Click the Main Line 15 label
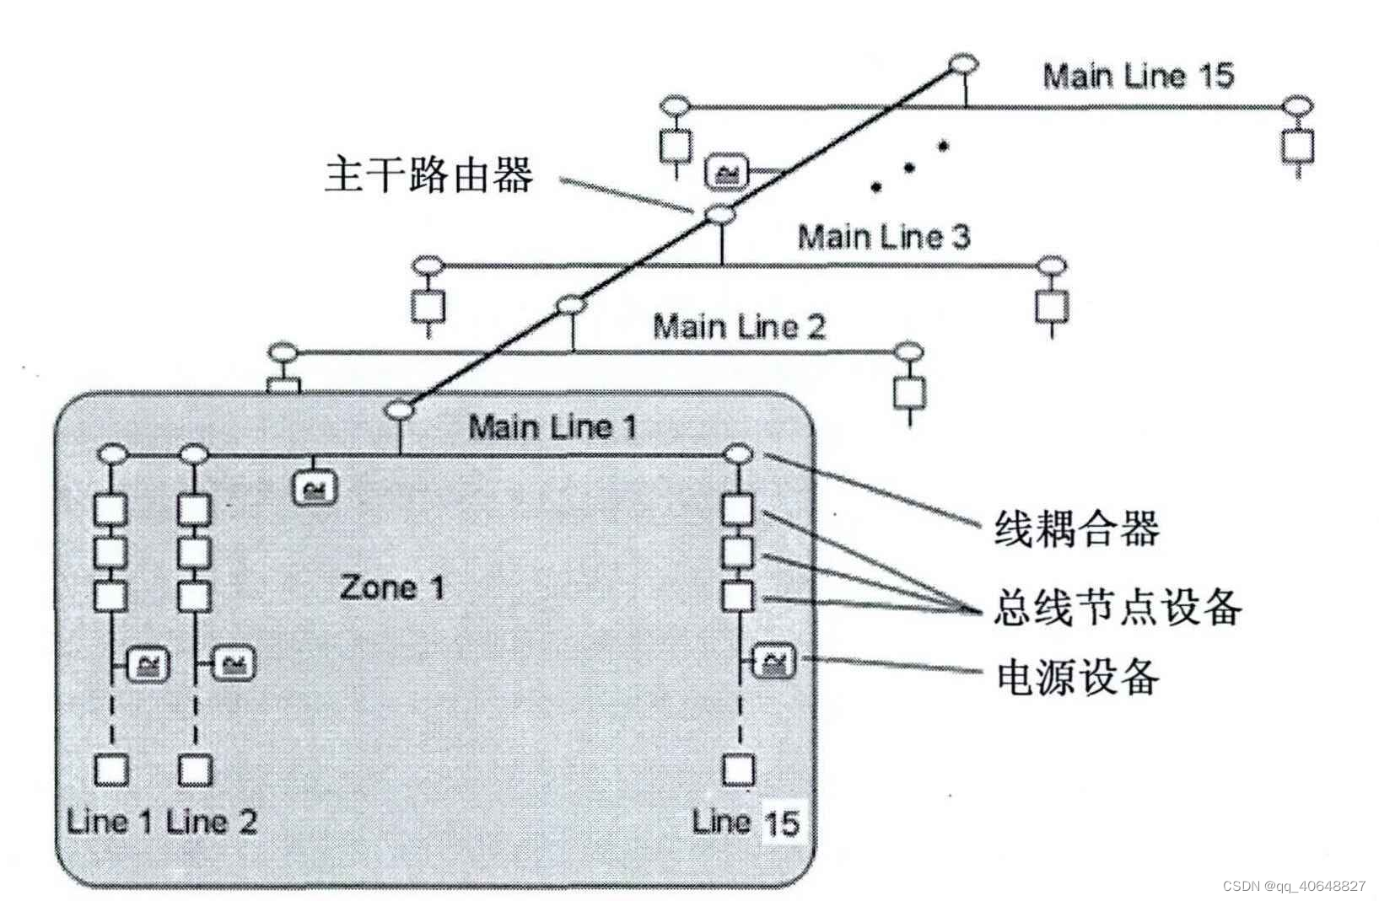coord(1138,76)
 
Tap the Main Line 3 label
coord(883,237)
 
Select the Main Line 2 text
coord(739,326)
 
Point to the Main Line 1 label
coord(552,426)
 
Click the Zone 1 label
coord(391,587)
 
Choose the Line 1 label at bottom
coord(110,821)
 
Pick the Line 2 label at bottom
coord(212,821)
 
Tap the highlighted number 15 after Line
coord(780,822)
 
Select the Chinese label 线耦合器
coord(1076,529)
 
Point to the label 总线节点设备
coord(1117,606)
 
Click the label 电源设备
coord(1077,676)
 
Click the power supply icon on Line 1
coord(148,665)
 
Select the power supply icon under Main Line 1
coord(315,489)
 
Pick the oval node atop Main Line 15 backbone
coord(963,64)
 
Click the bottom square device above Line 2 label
coord(195,770)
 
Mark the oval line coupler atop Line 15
coord(737,455)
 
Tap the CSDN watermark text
coord(1293,886)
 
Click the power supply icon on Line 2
coord(233,665)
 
